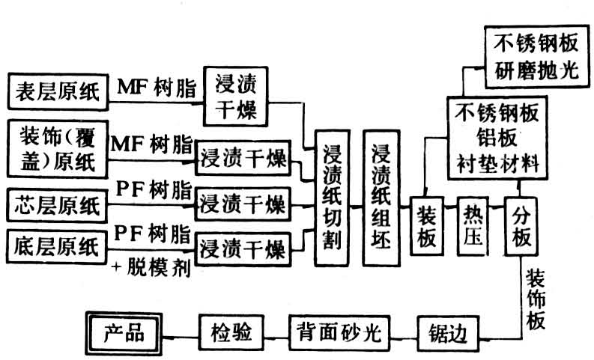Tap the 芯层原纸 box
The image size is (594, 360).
[x=57, y=204]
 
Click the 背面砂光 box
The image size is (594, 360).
[x=335, y=329]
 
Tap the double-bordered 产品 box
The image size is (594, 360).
[x=124, y=329]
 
